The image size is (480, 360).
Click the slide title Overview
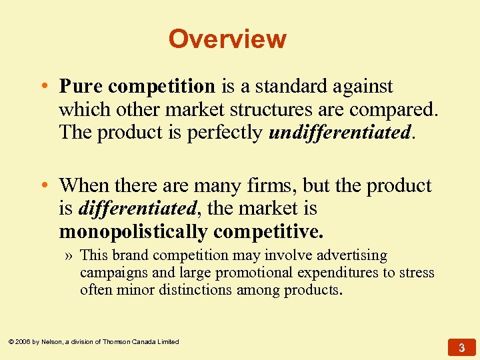pyautogui.click(x=227, y=39)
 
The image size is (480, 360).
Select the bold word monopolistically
pyautogui.click(x=133, y=231)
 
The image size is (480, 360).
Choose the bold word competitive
pyautogui.click(x=268, y=231)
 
